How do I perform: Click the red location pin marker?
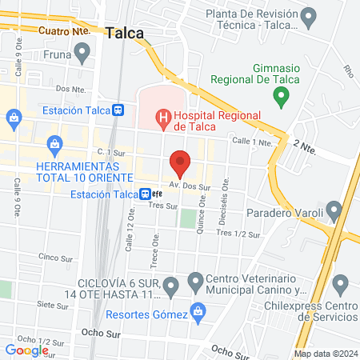180,163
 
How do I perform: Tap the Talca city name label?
124,33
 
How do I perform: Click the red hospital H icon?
163,120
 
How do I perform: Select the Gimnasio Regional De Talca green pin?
280,98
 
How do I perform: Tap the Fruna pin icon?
82,53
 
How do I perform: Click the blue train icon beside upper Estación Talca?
118,110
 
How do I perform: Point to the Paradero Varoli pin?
334,211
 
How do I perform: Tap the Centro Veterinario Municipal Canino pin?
195,281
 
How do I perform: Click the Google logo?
27,350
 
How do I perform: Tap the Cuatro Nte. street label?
65,30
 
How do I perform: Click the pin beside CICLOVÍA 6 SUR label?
170,286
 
